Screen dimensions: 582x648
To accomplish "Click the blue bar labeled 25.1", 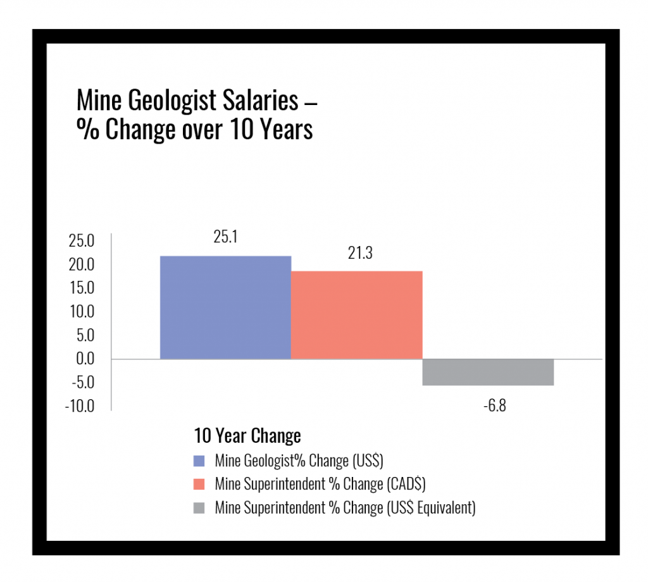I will point(225,307).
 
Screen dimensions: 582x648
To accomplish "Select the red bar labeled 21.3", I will point(356,315).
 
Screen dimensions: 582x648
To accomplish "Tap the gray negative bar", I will point(488,372).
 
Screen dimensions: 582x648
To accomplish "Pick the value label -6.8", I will point(494,406).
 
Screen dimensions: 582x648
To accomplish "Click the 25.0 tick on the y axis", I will point(81,241).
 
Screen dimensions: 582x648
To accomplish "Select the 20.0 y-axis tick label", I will point(81,264).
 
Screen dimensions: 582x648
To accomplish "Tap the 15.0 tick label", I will point(81,288).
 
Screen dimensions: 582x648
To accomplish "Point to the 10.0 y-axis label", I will point(81,311).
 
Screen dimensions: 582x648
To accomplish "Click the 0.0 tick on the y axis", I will point(84,359).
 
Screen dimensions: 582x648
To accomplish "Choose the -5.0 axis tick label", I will point(80,382).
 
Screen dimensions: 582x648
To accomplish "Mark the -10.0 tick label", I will point(79,406).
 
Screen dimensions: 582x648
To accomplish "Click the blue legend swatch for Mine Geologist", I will point(200,460).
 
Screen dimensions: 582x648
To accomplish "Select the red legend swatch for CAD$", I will point(200,484).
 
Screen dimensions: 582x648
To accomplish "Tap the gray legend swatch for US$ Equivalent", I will point(200,508).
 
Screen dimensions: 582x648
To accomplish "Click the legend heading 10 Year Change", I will point(247,436).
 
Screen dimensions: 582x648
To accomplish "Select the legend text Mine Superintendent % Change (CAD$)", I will point(320,484).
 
